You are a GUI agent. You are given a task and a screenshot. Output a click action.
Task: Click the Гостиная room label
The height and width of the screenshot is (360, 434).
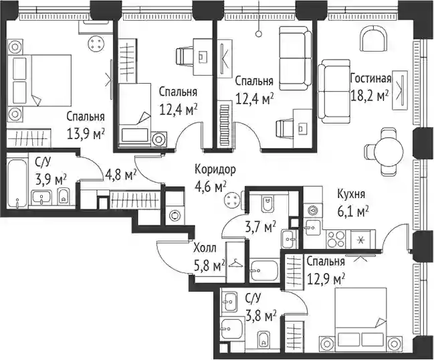coord(370,79)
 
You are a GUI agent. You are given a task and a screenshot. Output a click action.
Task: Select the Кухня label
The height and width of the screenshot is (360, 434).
coord(351,195)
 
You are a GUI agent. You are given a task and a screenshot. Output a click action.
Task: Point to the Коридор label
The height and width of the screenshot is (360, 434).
coord(215,169)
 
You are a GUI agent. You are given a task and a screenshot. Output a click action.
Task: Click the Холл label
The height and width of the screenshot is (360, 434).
coord(205,248)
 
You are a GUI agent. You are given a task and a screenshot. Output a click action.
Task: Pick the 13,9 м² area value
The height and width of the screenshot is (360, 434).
coord(86,134)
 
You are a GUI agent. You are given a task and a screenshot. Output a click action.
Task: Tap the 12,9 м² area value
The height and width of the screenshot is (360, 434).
coord(326,279)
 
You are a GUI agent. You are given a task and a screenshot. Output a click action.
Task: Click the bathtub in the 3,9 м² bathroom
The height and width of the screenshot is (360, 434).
coord(17,183)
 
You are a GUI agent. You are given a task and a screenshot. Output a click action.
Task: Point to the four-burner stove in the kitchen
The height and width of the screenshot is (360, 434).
coord(336,240)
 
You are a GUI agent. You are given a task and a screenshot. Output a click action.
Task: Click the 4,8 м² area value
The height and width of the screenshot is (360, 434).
coord(121,175)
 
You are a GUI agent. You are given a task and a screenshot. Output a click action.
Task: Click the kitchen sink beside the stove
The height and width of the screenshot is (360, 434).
coord(313,228)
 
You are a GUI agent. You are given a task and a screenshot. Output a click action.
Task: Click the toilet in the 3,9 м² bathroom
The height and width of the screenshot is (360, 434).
coord(64,197)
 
